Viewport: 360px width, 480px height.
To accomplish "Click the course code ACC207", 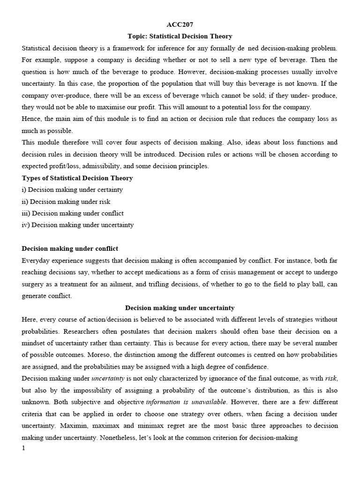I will [180, 24].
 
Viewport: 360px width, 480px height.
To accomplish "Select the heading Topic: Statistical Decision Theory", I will [180, 36].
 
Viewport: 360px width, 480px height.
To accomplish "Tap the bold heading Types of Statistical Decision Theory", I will [77, 178].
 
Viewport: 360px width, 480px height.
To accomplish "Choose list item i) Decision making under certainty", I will [72, 189].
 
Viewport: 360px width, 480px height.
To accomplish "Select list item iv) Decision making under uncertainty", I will [78, 225].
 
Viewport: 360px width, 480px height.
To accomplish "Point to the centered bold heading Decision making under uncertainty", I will [180, 307].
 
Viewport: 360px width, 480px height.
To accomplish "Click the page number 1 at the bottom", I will [24, 448].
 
